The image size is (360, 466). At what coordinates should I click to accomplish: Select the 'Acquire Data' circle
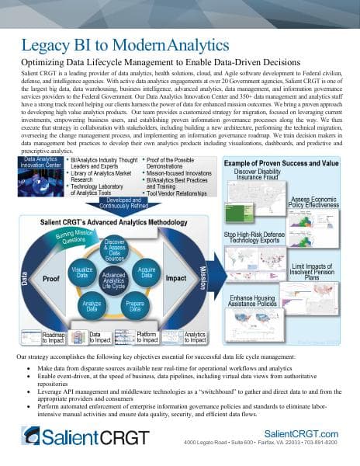click(146, 272)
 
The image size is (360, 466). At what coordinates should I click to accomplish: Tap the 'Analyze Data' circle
click(92, 305)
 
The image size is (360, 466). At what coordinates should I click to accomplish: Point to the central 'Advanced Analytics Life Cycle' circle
click(114, 280)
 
